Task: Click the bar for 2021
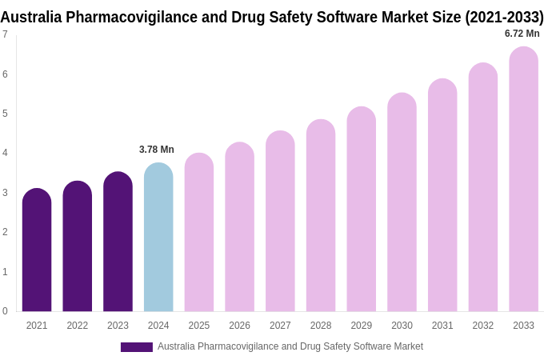pyautogui.click(x=37, y=252)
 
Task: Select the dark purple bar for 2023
pyautogui.click(x=118, y=244)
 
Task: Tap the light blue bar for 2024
pyautogui.click(x=158, y=239)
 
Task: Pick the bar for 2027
pyautogui.click(x=280, y=223)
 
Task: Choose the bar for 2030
pyautogui.click(x=402, y=204)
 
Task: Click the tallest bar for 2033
pyautogui.click(x=523, y=181)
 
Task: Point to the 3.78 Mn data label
pyautogui.click(x=157, y=150)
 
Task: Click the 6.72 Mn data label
pyautogui.click(x=522, y=34)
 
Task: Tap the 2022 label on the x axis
pyautogui.click(x=78, y=326)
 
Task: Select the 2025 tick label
pyautogui.click(x=199, y=326)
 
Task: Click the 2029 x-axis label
pyautogui.click(x=361, y=326)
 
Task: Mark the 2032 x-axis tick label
pyautogui.click(x=482, y=326)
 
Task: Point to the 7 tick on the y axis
pyautogui.click(x=5, y=34)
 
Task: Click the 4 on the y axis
pyautogui.click(x=5, y=153)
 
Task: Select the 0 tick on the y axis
pyautogui.click(x=5, y=311)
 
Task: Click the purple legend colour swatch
pyautogui.click(x=136, y=347)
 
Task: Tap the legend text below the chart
pyautogui.click(x=290, y=346)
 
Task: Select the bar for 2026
pyautogui.click(x=239, y=229)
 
